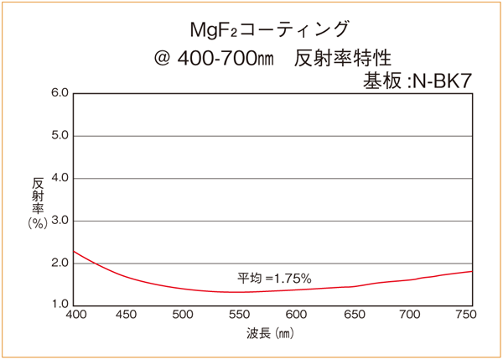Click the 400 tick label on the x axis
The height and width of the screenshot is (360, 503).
[x=75, y=316]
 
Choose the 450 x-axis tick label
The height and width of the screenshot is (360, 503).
[x=126, y=316]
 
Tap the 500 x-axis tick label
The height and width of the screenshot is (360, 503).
[x=183, y=316]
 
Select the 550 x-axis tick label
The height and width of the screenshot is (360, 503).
[x=240, y=316]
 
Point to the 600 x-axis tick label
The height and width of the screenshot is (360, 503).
[x=297, y=316]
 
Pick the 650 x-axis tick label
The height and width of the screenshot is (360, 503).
[x=354, y=316]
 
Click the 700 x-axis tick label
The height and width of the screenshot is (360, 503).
[x=411, y=316]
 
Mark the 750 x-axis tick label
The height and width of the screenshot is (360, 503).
[x=464, y=316]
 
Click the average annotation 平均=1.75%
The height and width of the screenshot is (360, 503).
[x=274, y=277]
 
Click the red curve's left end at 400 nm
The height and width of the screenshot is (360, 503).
[x=75, y=251]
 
